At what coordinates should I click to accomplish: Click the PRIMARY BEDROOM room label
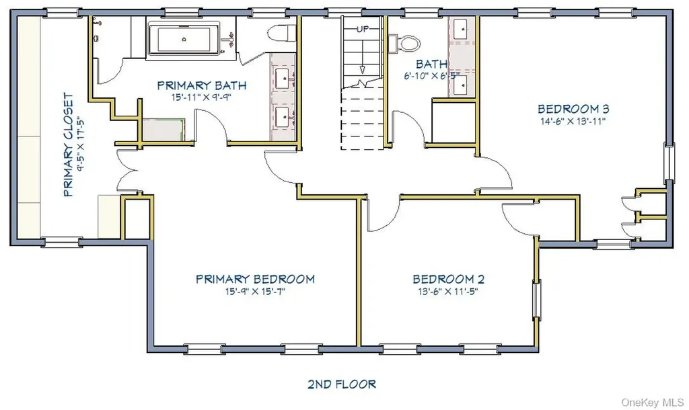(x=255, y=279)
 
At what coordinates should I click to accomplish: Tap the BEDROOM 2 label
(x=448, y=279)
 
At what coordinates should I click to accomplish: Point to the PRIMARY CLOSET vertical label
(x=68, y=145)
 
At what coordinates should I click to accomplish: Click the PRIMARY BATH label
(x=202, y=85)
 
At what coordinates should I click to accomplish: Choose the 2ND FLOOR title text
(x=342, y=384)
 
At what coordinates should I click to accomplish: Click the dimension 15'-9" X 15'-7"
(x=255, y=292)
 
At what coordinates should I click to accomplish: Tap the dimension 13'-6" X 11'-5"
(x=447, y=292)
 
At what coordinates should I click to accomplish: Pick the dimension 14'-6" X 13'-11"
(x=573, y=121)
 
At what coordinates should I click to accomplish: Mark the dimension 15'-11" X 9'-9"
(x=201, y=97)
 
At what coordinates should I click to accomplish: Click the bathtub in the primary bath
(x=184, y=39)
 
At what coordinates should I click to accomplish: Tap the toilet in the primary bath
(x=283, y=33)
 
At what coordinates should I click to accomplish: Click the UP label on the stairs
(x=363, y=29)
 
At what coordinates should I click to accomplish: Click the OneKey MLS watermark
(x=653, y=402)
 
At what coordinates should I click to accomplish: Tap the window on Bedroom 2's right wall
(x=536, y=298)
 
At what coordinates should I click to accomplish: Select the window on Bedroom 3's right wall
(x=669, y=163)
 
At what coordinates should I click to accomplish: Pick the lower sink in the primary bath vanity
(x=283, y=117)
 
